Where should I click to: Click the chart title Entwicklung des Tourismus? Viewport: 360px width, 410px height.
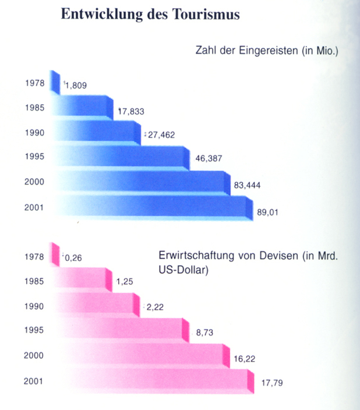tap(150, 16)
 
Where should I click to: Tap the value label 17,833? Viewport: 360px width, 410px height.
tap(131, 111)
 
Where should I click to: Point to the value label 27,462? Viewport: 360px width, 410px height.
tap(161, 135)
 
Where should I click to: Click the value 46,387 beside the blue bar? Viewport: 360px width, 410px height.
tap(209, 158)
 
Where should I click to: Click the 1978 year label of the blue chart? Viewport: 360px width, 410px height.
tap(35, 83)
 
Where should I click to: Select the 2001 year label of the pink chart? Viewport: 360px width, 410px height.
tap(35, 382)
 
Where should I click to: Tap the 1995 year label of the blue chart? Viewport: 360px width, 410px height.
tap(35, 156)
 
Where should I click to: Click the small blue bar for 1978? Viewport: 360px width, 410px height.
tap(56, 82)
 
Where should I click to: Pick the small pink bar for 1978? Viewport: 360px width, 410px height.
tap(56, 254)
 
